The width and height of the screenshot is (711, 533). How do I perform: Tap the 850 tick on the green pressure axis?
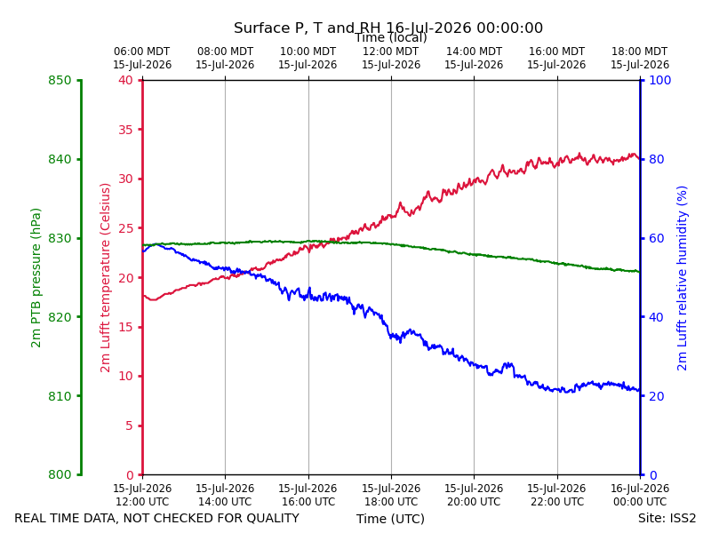[x=60, y=80]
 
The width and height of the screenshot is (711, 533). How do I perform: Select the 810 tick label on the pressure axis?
[x=60, y=396]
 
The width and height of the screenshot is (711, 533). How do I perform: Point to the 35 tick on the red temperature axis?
[x=126, y=130]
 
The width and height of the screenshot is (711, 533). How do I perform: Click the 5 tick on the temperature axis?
[x=130, y=426]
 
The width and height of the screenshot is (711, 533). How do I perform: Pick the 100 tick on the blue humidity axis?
[x=659, y=80]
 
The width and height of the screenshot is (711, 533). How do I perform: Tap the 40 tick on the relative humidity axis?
[x=656, y=317]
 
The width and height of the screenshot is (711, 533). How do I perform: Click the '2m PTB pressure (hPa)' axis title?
[x=36, y=278]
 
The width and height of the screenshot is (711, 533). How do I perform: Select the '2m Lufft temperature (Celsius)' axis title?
[x=105, y=278]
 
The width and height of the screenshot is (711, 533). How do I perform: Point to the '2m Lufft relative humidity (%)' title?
[x=682, y=278]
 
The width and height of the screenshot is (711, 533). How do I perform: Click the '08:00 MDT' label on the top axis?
[x=225, y=52]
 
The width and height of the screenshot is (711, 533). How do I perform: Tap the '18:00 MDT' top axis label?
[x=640, y=52]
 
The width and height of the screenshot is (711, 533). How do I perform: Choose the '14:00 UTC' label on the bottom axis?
[x=225, y=502]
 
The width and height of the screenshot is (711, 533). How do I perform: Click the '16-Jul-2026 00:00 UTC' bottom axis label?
[x=640, y=495]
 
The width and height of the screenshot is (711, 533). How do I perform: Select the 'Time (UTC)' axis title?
[x=390, y=519]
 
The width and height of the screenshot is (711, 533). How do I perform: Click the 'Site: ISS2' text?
[x=667, y=518]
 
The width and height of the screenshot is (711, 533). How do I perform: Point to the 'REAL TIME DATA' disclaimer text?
[x=157, y=518]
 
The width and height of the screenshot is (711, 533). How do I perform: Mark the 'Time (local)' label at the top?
[x=390, y=37]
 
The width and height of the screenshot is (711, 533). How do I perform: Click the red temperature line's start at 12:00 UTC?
[x=143, y=296]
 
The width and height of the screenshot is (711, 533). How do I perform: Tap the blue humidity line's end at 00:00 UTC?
[x=640, y=391]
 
